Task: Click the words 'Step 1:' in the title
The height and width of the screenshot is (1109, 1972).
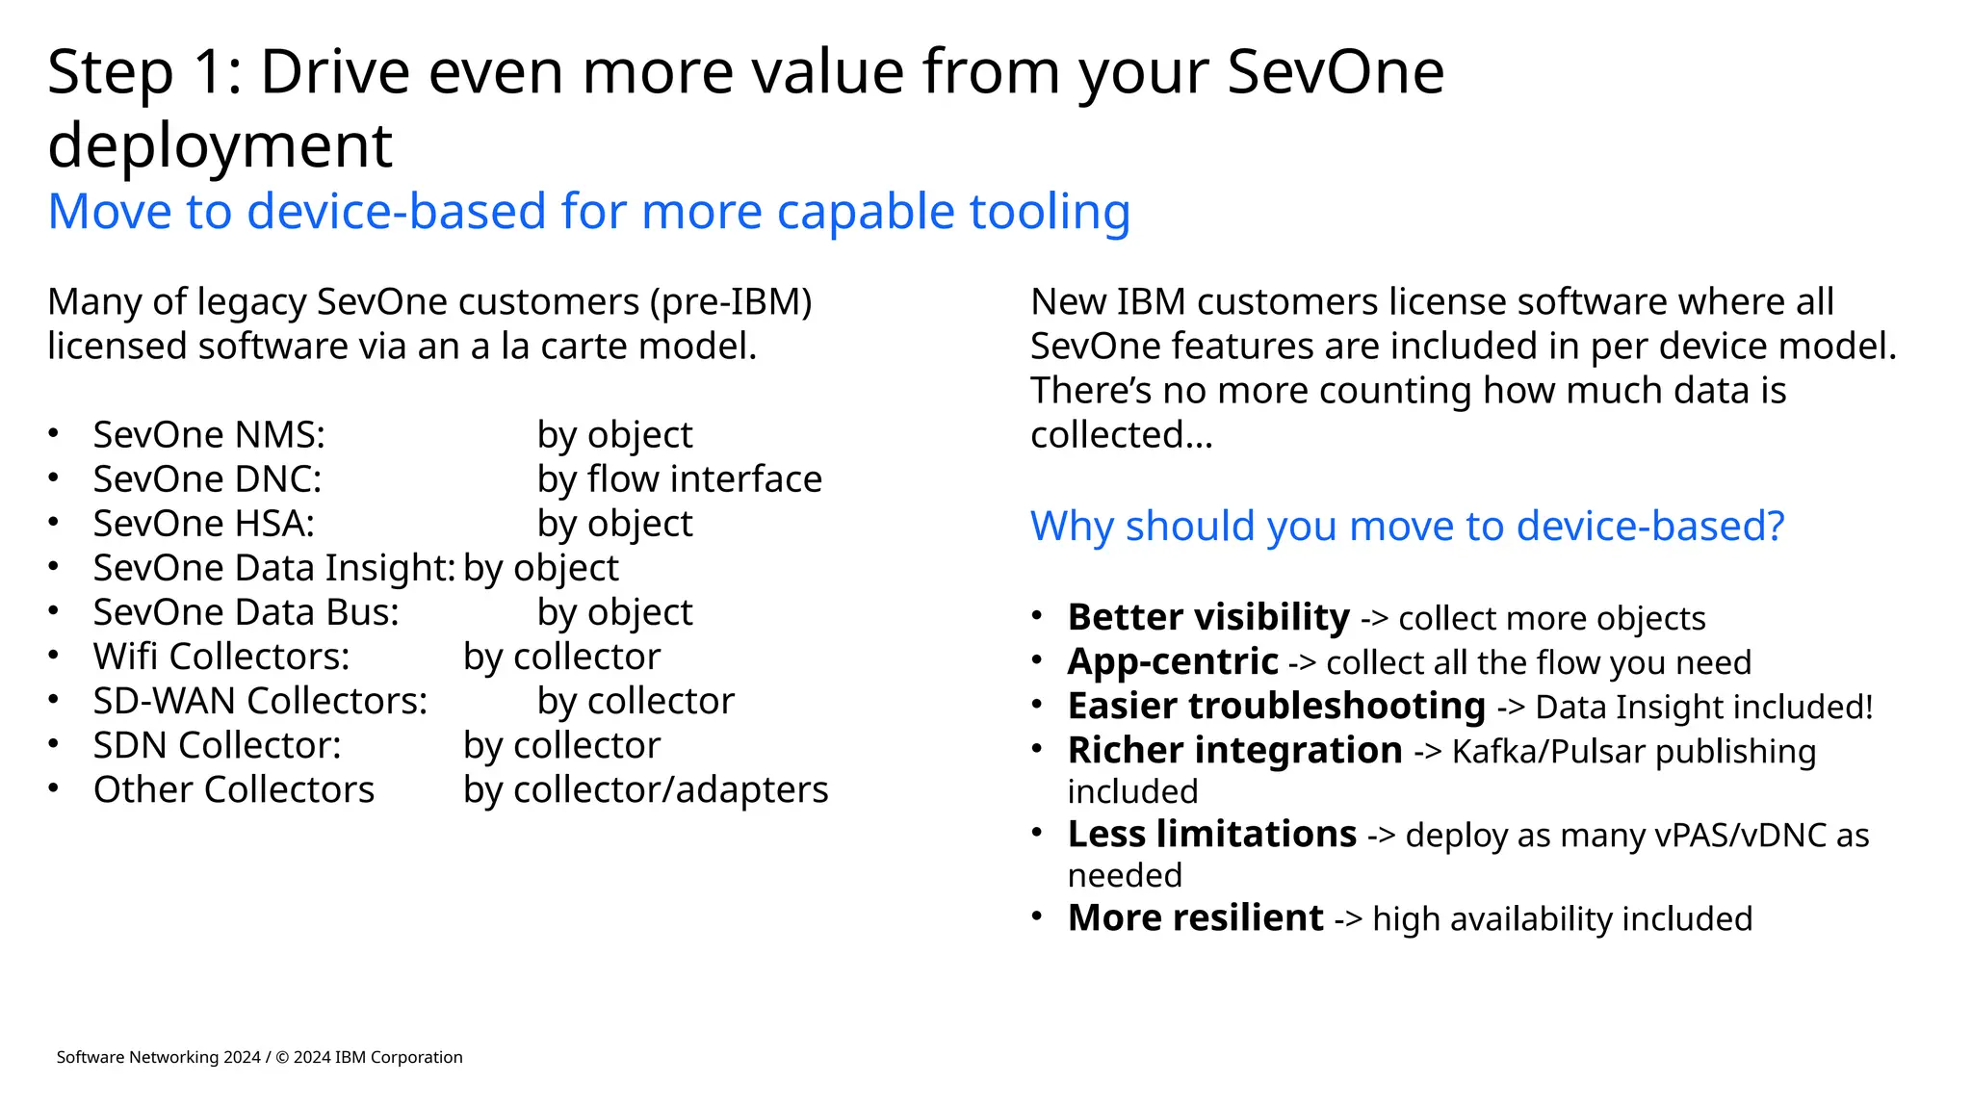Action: [x=144, y=73]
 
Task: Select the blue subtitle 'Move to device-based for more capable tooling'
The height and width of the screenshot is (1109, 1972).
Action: [x=588, y=212]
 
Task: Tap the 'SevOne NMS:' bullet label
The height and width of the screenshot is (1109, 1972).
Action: [x=209, y=435]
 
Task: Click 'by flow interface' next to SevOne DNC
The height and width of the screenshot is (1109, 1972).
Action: [x=679, y=479]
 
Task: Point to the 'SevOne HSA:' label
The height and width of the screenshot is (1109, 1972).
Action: [x=203, y=524]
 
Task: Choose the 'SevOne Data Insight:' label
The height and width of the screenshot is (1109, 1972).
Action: [x=273, y=568]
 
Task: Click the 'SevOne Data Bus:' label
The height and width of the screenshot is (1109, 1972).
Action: [x=246, y=612]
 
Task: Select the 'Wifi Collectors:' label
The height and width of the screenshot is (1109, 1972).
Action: [x=221, y=657]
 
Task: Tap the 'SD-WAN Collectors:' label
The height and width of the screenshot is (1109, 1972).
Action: [x=260, y=701]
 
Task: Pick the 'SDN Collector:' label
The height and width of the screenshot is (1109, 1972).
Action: [x=217, y=745]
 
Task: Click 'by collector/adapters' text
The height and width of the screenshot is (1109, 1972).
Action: [x=645, y=789]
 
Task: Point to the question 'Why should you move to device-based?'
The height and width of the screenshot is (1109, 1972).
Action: [x=1407, y=527]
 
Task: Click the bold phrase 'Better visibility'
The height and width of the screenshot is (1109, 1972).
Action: [x=1208, y=617]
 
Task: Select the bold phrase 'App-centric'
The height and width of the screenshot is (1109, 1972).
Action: [x=1173, y=661]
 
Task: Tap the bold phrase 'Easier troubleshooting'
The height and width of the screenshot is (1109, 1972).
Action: [x=1277, y=706]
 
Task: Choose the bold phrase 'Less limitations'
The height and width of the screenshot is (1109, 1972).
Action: [x=1212, y=834]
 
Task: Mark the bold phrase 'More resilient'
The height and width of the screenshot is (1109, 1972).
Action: [x=1196, y=917]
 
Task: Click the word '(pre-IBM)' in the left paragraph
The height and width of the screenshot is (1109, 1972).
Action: [x=731, y=302]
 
